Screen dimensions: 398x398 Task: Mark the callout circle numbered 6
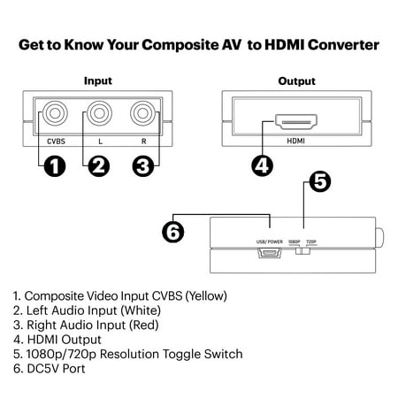(174, 232)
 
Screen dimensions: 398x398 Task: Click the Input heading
(97, 80)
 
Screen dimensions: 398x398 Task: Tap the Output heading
(296, 80)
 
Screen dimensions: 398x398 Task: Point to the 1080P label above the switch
(294, 241)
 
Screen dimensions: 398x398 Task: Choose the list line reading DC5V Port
(52, 369)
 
